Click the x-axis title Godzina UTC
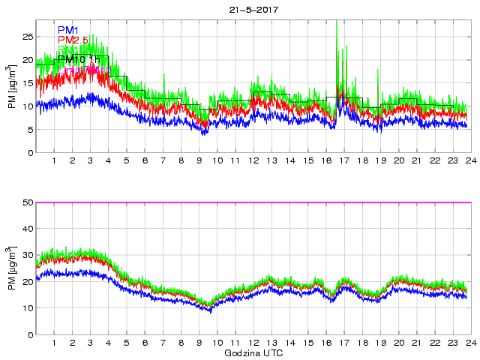point(253,352)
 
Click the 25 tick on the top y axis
point(27,37)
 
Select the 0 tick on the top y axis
point(30,153)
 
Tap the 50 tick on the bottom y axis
point(27,202)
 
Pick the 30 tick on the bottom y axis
point(27,256)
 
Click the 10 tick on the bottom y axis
point(27,308)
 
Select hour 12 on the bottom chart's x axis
point(253,343)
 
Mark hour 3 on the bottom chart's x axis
point(91,343)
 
